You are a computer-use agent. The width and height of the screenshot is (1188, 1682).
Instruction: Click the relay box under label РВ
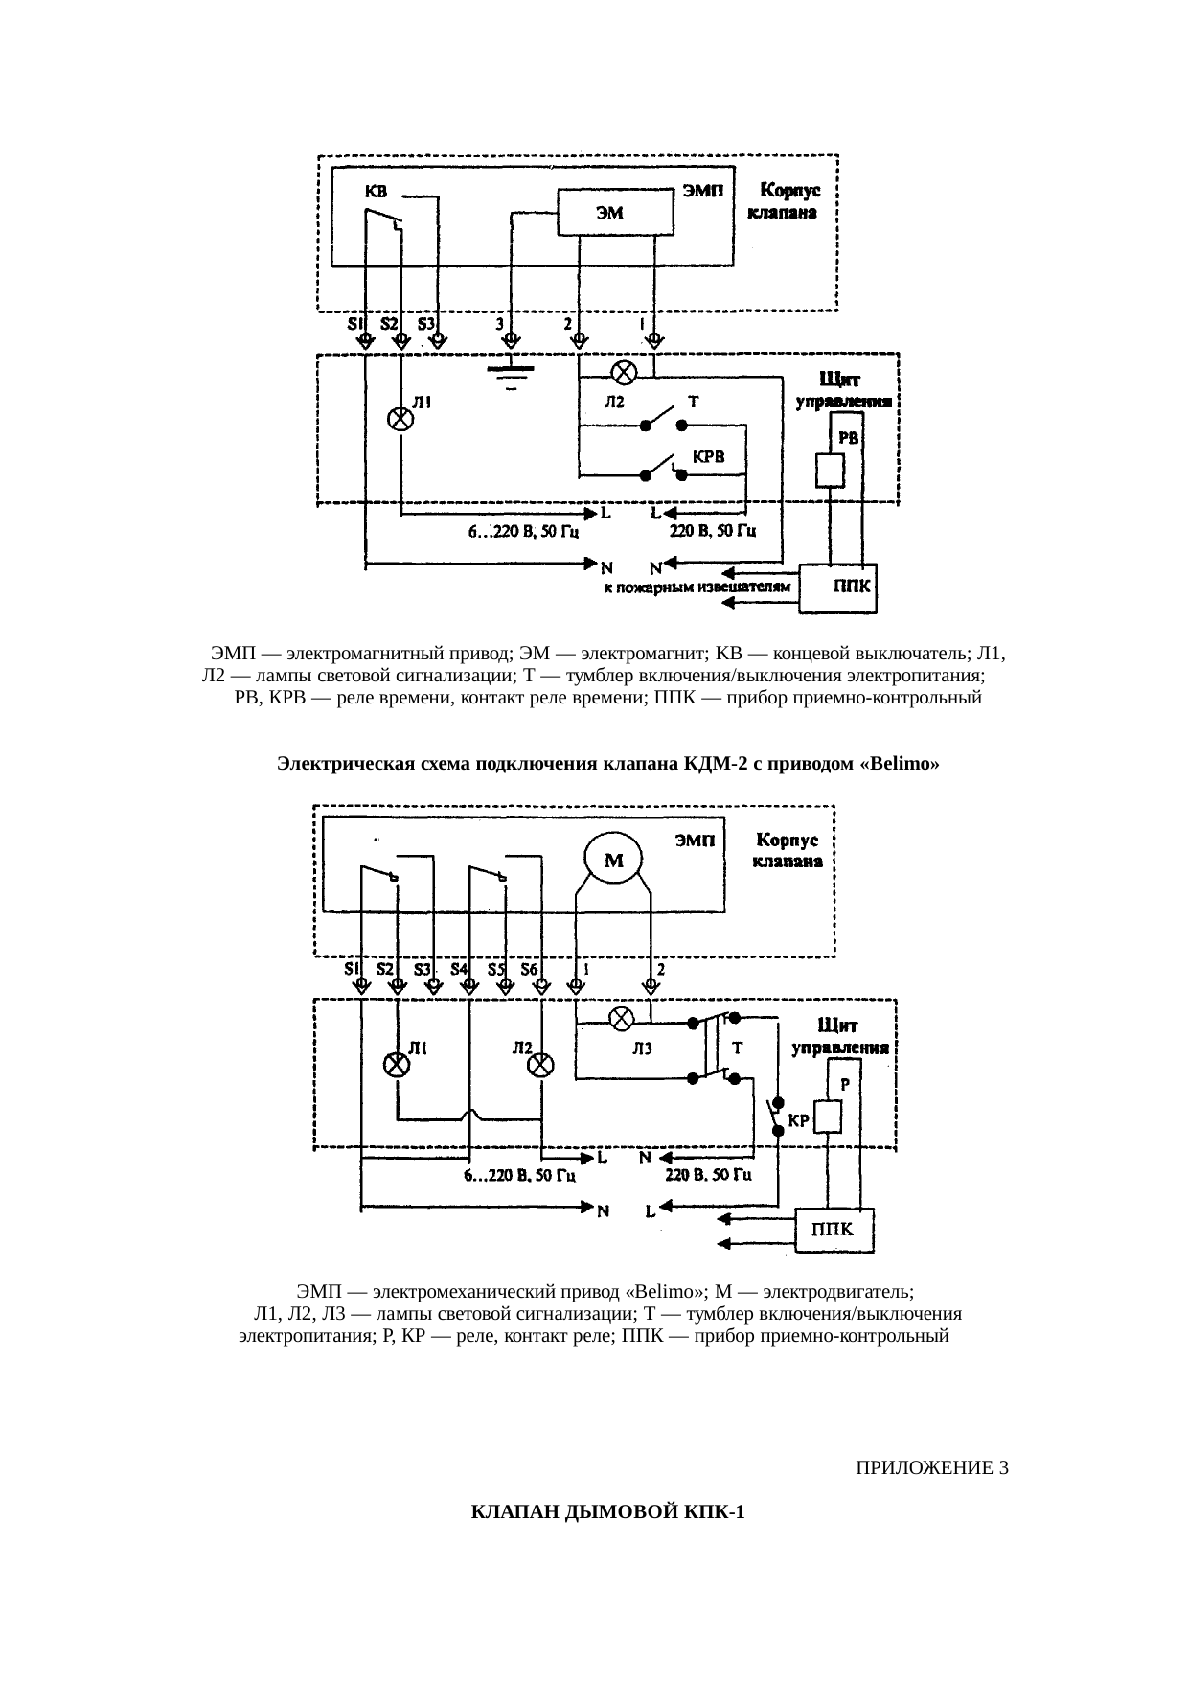click(830, 470)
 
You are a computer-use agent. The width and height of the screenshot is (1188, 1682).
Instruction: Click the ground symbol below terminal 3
click(511, 374)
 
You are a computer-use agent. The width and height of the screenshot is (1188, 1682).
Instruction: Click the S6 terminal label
click(529, 969)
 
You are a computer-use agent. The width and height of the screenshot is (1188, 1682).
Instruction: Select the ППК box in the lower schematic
click(834, 1230)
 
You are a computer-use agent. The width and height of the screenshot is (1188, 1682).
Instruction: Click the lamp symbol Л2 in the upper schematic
click(625, 370)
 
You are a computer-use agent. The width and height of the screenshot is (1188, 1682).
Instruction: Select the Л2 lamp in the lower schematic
click(541, 1066)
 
